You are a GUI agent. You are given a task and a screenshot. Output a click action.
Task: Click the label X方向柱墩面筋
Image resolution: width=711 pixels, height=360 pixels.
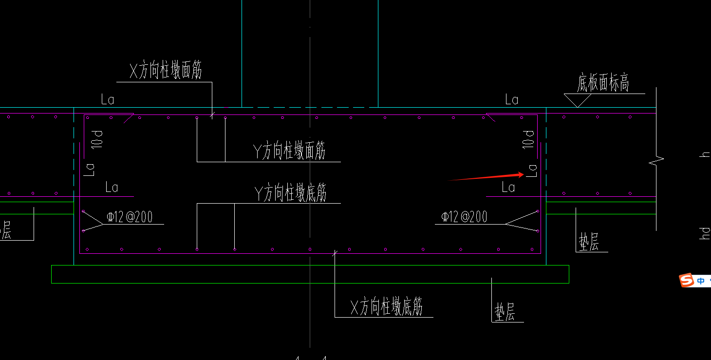tap(166, 72)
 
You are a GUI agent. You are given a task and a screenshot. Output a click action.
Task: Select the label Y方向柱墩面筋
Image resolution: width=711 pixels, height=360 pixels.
tap(289, 152)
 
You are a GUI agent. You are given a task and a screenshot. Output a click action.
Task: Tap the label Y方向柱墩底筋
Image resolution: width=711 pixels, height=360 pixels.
tap(290, 193)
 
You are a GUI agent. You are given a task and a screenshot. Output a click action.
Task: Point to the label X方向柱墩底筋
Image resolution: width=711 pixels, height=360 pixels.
tap(386, 307)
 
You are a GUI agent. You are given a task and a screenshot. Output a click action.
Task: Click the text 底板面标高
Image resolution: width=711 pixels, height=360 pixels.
tap(603, 83)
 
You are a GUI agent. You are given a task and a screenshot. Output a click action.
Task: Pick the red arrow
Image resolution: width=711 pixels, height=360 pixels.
tap(487, 177)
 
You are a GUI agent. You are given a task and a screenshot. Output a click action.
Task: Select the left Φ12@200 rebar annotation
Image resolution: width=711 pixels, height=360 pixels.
tap(130, 217)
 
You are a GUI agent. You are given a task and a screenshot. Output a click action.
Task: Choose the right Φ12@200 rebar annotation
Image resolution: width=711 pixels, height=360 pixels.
tap(464, 216)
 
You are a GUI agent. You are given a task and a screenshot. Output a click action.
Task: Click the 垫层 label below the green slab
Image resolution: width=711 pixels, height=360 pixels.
tap(505, 312)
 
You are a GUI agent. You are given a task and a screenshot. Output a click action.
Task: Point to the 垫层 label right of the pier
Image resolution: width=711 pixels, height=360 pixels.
tap(589, 242)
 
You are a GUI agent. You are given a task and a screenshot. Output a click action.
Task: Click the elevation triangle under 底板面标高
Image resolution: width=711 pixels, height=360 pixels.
tap(578, 100)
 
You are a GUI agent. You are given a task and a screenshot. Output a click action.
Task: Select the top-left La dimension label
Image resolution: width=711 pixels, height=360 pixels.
tap(108, 100)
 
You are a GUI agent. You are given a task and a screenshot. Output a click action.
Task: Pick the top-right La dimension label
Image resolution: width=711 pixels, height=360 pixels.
tap(511, 100)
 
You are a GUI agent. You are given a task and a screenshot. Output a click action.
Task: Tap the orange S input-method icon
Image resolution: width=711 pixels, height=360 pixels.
tap(687, 280)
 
